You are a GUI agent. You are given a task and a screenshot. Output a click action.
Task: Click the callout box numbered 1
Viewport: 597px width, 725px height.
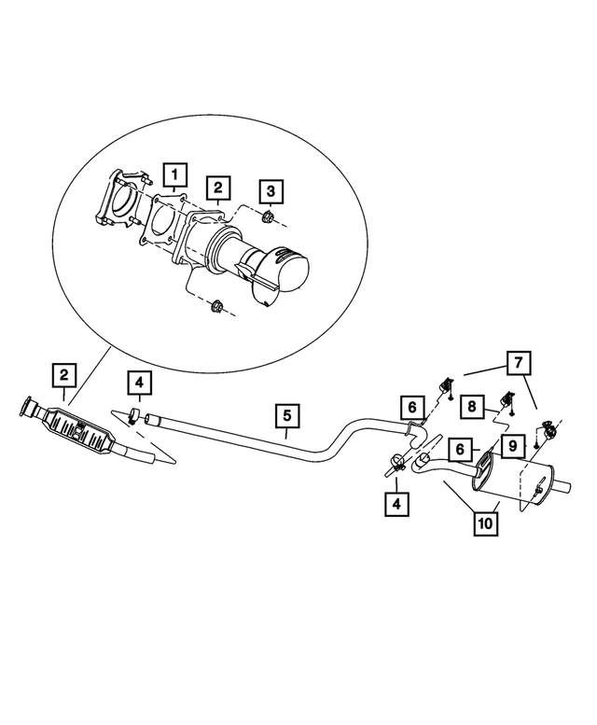pos(175,174)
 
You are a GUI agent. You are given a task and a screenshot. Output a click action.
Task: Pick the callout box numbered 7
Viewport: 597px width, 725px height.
pos(520,361)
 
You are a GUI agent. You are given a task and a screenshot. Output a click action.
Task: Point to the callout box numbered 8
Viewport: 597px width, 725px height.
pos(473,406)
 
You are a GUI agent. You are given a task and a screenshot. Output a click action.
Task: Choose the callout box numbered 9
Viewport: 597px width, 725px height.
pos(513,448)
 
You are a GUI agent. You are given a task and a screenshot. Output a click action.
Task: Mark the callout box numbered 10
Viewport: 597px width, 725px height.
pos(485,523)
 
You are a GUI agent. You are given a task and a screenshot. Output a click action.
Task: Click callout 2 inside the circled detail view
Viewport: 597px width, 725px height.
pos(217,189)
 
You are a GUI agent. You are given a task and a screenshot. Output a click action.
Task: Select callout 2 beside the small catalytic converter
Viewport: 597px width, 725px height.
pos(62,375)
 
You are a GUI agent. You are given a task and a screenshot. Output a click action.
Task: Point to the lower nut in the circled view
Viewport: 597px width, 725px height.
pos(217,305)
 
